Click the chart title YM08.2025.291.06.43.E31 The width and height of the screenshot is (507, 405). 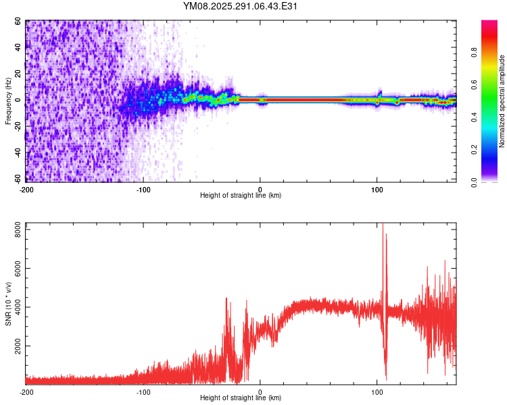pyautogui.click(x=241, y=6)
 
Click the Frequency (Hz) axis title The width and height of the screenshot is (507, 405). pyautogui.click(x=8, y=101)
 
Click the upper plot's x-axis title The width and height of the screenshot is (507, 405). pyautogui.click(x=241, y=195)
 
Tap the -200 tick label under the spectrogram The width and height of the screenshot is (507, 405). pyautogui.click(x=26, y=188)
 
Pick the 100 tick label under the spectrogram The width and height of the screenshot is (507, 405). pyautogui.click(x=377, y=188)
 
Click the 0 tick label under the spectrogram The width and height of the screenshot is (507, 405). pyautogui.click(x=260, y=188)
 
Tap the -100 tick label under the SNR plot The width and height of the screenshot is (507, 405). pyautogui.click(x=143, y=391)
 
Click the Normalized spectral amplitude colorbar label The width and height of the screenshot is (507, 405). pyautogui.click(x=502, y=101)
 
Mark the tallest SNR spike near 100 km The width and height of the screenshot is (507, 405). pyautogui.click(x=383, y=225)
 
